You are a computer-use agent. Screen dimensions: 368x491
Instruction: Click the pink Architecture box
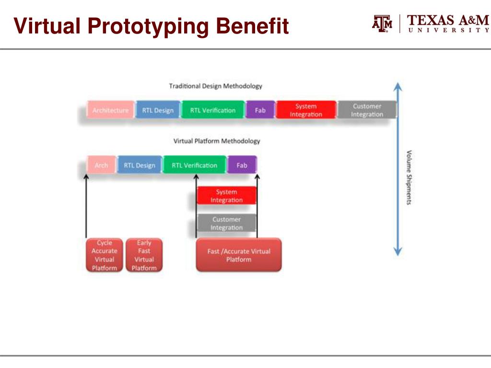(x=110, y=110)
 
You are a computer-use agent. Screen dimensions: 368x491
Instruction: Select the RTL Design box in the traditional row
(x=158, y=110)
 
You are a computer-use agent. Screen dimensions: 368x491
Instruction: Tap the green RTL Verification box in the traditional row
(x=213, y=110)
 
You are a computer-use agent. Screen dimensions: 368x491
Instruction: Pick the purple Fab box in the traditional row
(x=260, y=110)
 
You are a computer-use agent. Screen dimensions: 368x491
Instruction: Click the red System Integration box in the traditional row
(x=306, y=110)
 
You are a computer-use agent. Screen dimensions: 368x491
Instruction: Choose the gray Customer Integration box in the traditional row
(x=367, y=110)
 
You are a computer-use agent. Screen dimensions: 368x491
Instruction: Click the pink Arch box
(x=101, y=165)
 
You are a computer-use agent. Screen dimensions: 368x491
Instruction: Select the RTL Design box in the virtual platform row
(x=140, y=165)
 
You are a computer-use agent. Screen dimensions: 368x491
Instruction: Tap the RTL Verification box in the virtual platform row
(x=194, y=165)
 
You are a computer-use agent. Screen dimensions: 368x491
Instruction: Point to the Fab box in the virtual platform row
(x=242, y=165)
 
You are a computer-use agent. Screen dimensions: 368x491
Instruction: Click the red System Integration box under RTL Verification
(x=226, y=196)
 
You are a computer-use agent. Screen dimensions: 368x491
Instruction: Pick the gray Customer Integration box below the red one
(x=226, y=223)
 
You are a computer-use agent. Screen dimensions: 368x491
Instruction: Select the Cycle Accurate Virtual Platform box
(x=104, y=255)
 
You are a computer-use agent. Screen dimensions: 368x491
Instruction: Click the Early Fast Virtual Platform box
(x=144, y=255)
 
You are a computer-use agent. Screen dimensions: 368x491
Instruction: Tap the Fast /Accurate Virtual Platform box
(x=238, y=255)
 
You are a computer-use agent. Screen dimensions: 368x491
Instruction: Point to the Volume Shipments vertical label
(x=409, y=177)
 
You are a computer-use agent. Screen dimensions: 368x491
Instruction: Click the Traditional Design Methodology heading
(x=215, y=86)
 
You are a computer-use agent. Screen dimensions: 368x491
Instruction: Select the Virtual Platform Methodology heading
(x=216, y=141)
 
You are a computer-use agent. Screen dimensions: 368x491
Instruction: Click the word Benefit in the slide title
(x=252, y=26)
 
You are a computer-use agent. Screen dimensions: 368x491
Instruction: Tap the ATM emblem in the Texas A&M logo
(x=382, y=23)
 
